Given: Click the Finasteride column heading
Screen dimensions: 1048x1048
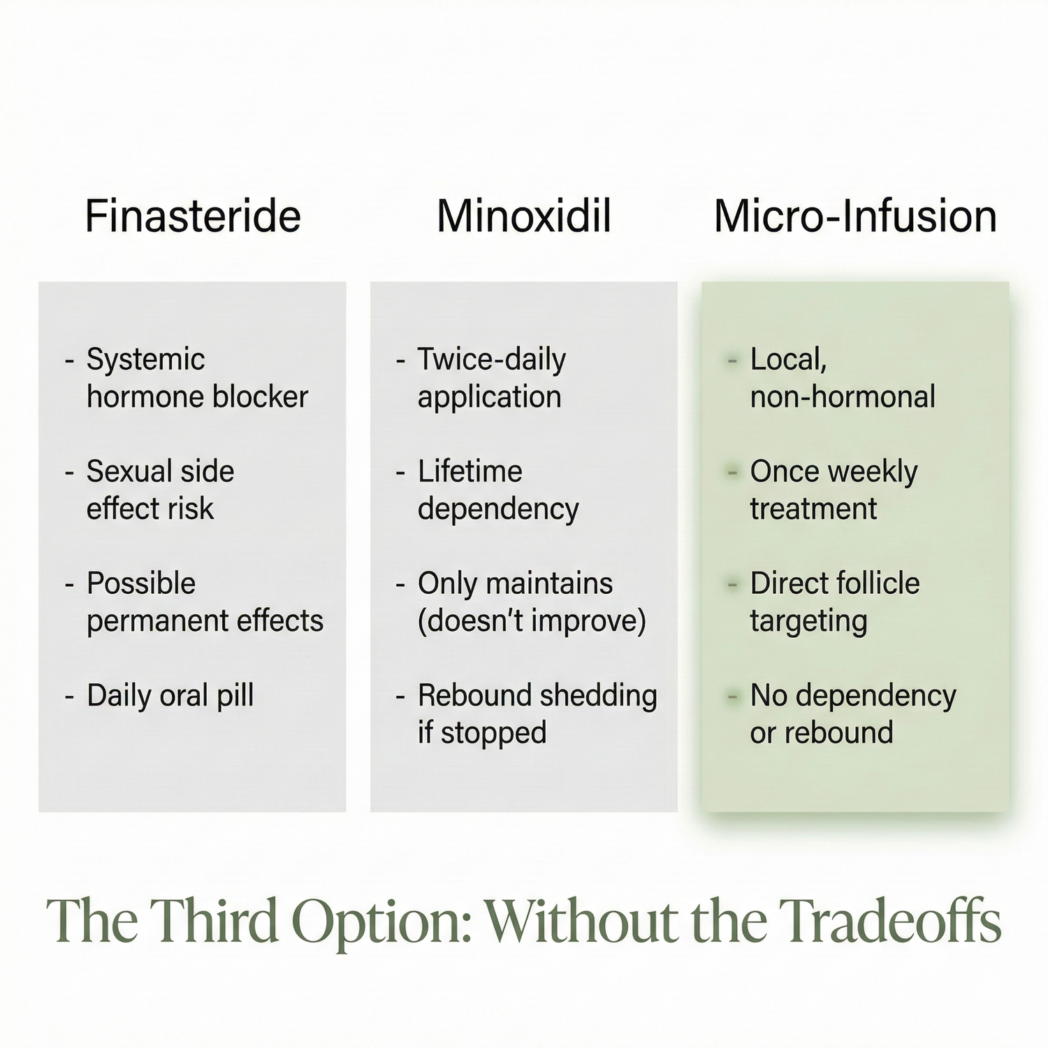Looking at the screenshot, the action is click(x=193, y=216).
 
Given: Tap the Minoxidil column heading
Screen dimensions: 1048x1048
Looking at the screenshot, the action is click(x=524, y=216).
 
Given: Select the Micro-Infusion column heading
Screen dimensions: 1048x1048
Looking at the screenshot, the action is click(x=855, y=216).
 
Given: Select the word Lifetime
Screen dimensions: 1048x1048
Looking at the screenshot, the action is click(x=470, y=472).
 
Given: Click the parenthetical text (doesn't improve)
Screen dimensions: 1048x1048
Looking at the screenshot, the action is click(x=532, y=621).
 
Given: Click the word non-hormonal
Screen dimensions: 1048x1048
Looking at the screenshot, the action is click(x=843, y=398).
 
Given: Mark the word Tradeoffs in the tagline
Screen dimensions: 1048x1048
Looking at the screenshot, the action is click(x=889, y=920).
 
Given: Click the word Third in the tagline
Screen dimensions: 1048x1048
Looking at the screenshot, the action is click(x=214, y=920).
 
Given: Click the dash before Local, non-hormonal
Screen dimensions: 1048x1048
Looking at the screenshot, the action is click(x=732, y=361).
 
